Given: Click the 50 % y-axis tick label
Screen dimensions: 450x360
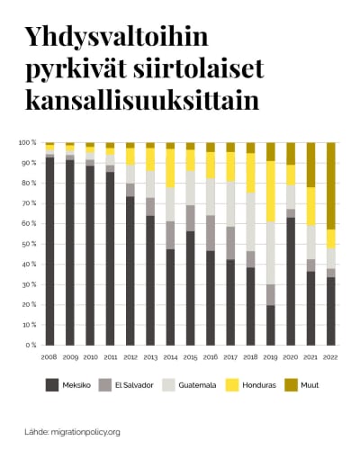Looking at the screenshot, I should [x=29, y=244].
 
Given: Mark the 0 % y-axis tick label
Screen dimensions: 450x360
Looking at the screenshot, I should [x=31, y=345].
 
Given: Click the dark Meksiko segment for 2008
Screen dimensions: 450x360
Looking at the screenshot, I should [x=49, y=252].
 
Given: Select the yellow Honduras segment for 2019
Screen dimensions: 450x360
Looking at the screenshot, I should [x=269, y=192].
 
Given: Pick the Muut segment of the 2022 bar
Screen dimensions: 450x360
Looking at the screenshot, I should [x=329, y=185].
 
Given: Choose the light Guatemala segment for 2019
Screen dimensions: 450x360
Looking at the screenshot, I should [x=269, y=253].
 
